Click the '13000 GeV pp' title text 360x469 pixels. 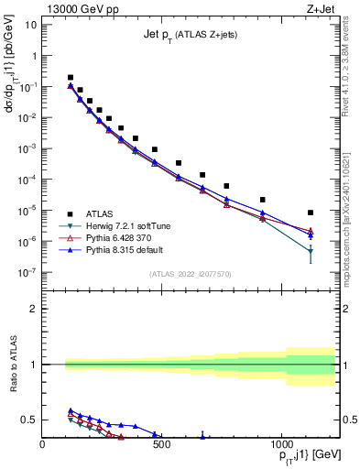(77, 7)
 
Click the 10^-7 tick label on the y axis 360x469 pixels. (26, 272)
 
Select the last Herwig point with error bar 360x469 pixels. (311, 251)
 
